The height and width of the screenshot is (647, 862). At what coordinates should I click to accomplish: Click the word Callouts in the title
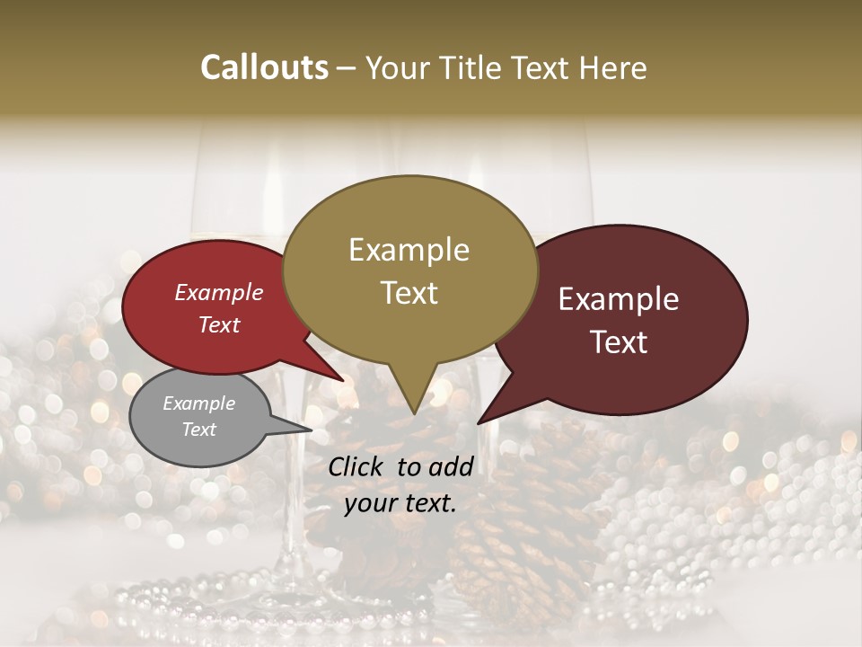[x=264, y=67]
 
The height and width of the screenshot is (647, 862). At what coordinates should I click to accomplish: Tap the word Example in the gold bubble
[x=409, y=250]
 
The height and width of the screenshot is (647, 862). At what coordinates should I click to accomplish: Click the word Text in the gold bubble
[x=409, y=293]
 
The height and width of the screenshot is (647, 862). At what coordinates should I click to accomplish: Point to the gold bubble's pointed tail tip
[x=413, y=413]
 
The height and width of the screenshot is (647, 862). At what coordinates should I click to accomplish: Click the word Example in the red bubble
[x=219, y=292]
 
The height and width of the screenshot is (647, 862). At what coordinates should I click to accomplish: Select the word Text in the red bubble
[x=219, y=324]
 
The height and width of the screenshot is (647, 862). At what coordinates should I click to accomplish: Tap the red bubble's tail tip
[x=344, y=381]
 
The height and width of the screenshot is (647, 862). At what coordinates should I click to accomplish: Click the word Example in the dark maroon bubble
[x=619, y=299]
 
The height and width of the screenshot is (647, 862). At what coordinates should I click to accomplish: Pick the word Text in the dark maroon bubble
[x=619, y=342]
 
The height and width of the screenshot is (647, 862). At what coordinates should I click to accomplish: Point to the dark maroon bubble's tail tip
[x=478, y=423]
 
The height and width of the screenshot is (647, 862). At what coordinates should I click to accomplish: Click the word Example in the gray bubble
[x=198, y=403]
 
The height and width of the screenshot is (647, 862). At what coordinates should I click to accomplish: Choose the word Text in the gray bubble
[x=198, y=430]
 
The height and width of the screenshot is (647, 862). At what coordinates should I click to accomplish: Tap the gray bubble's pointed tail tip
[x=312, y=430]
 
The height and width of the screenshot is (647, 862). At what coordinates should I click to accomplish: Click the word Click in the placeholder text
[x=358, y=466]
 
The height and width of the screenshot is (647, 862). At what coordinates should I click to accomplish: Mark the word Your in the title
[x=396, y=67]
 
